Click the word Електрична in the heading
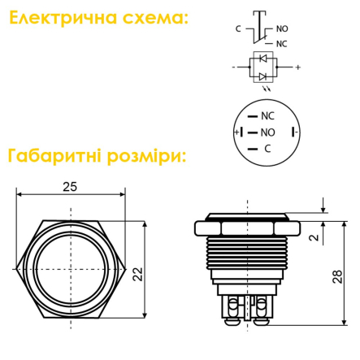click(63, 18)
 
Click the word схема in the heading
click(154, 19)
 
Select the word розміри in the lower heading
click(145, 156)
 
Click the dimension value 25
click(70, 187)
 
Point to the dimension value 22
click(137, 274)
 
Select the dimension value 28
click(337, 276)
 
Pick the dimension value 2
click(314, 237)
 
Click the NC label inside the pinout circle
click(267, 116)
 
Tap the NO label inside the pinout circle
click(267, 132)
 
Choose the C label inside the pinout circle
click(267, 149)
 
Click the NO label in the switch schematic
click(282, 28)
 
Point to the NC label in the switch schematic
click(281, 44)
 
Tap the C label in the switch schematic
click(238, 28)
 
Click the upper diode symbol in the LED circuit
click(262, 59)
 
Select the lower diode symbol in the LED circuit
click(262, 76)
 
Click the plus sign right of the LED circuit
click(298, 67)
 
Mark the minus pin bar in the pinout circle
click(293, 132)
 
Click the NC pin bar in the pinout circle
click(253, 116)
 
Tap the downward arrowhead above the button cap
click(323, 210)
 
